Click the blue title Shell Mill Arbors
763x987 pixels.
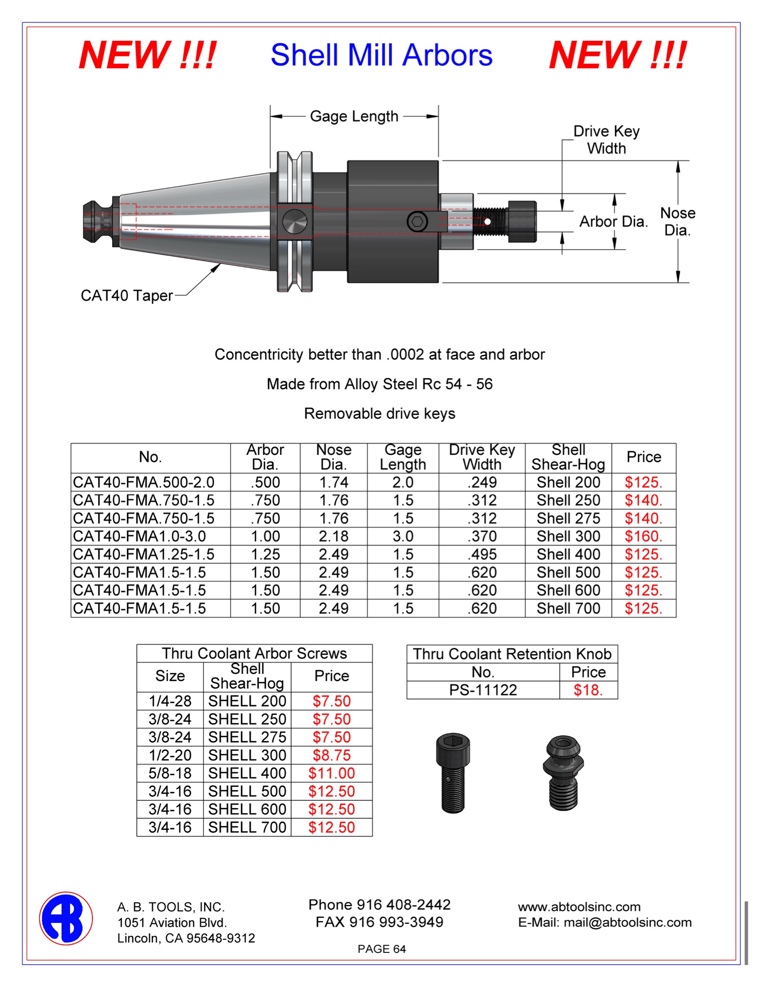pos(381,55)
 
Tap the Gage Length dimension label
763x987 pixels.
pos(354,117)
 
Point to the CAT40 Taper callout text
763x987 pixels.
pos(127,296)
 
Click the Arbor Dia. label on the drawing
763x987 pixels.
pos(614,222)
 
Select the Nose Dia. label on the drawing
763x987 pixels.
pos(677,222)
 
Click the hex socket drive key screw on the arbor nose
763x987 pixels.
pos(417,222)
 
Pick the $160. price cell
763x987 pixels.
pos(643,537)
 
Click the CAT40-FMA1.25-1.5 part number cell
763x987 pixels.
pos(144,555)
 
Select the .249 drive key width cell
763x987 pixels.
pos(482,482)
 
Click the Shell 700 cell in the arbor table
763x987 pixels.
pos(568,608)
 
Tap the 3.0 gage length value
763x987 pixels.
pos(403,537)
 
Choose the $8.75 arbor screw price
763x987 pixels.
pos(331,755)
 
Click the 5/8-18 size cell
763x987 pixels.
pos(170,773)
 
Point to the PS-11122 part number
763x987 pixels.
pos(483,690)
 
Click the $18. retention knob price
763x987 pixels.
pos(588,690)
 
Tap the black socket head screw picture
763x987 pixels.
pos(453,773)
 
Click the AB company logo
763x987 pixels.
pos(66,918)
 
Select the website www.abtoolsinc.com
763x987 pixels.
pos(579,907)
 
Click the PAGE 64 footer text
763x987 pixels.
pos(381,949)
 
